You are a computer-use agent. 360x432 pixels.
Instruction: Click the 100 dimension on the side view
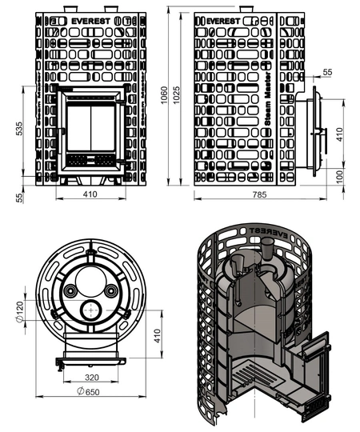pos(341,177)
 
